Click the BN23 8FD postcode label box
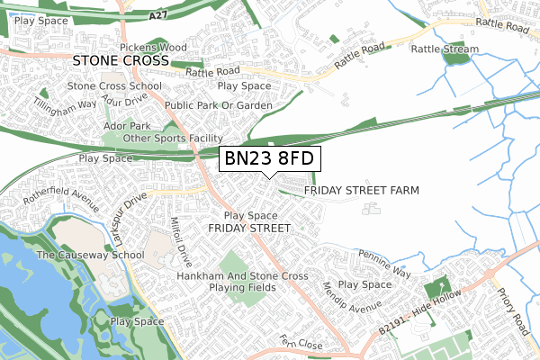point(267,159)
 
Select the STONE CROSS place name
point(120,60)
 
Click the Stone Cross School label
point(107,86)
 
